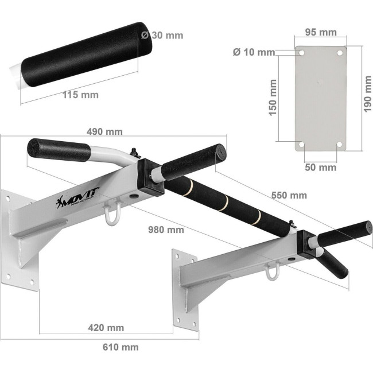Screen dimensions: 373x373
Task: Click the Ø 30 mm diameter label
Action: tap(162, 36)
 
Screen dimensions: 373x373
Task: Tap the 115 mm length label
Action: tap(80, 95)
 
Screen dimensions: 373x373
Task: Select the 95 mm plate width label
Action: tap(321, 32)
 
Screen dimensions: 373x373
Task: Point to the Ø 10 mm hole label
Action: tap(254, 52)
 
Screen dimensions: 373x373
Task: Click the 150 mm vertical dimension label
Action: tap(273, 98)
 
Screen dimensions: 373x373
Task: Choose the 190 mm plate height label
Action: tap(367, 94)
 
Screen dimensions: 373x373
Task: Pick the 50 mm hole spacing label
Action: tap(321, 168)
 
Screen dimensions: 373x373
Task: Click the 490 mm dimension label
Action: tap(104, 131)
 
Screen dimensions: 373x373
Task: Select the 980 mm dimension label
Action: tap(166, 230)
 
